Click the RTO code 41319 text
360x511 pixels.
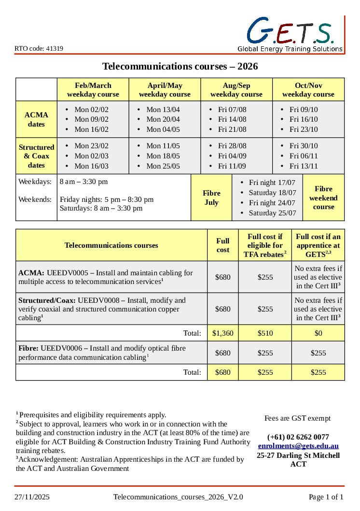click(39, 48)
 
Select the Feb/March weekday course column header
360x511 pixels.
click(93, 90)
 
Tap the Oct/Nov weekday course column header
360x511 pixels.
click(308, 90)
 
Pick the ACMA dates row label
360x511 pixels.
click(36, 119)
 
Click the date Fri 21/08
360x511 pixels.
click(232, 129)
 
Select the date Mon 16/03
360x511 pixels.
click(91, 166)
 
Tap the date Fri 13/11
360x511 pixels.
click(304, 166)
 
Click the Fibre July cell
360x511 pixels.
click(211, 198)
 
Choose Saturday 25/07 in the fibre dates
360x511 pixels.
click(272, 213)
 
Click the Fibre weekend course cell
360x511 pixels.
click(323, 198)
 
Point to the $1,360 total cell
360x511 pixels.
click(222, 333)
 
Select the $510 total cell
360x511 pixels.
click(265, 333)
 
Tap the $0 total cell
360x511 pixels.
click(318, 333)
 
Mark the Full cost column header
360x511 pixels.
click(222, 245)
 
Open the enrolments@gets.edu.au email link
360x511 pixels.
click(298, 446)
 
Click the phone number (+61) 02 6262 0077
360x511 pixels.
click(298, 437)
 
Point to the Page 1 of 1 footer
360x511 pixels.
click(326, 497)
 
